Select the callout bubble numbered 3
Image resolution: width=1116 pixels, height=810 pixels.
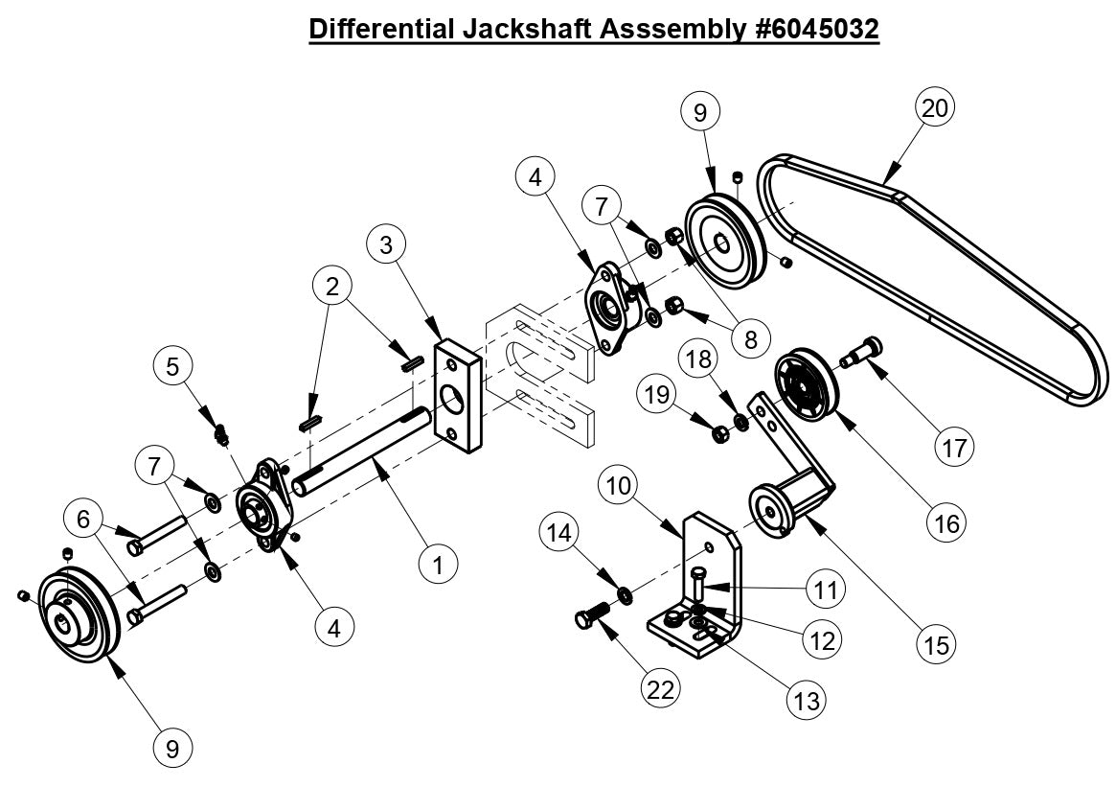(x=386, y=244)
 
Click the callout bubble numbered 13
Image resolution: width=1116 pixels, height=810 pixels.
(x=807, y=701)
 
